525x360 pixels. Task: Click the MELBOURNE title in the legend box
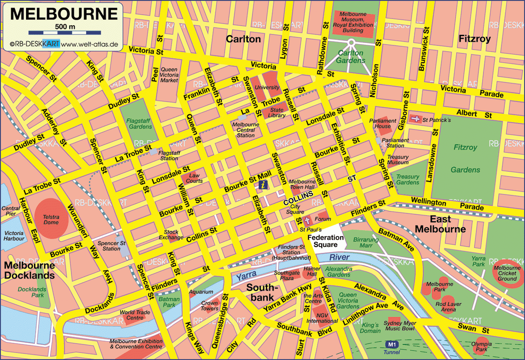tap(64, 14)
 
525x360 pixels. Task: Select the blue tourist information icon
tap(263, 184)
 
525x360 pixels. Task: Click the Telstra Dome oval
tap(51, 217)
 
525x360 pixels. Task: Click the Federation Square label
tap(325, 241)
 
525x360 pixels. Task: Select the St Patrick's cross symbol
tap(415, 119)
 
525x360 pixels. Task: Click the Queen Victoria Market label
tap(169, 75)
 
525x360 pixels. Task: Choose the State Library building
tap(276, 113)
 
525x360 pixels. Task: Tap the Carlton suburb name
tap(243, 39)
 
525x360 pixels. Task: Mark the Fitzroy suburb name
tap(474, 39)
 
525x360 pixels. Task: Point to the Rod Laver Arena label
tap(448, 307)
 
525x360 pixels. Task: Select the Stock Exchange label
tap(171, 234)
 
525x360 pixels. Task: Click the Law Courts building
tap(194, 178)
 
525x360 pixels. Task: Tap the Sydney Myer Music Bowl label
tap(399, 326)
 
